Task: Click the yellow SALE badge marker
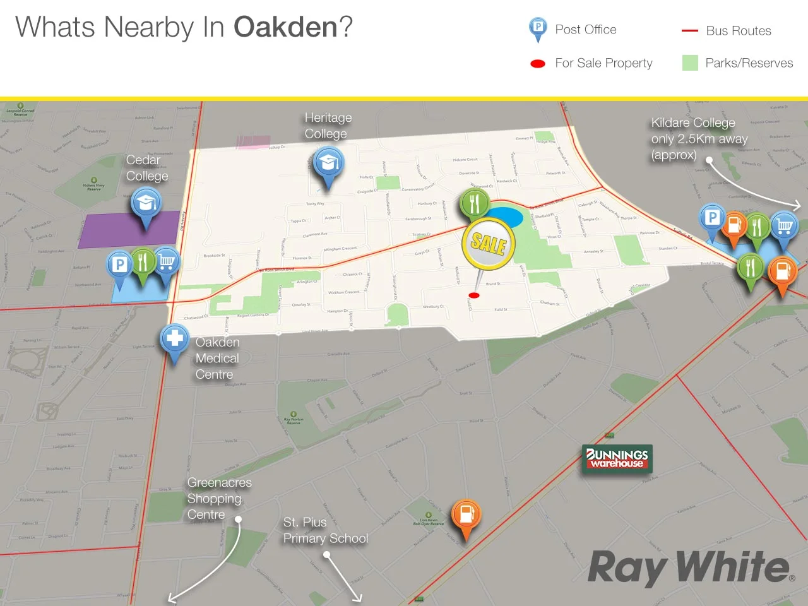click(x=489, y=244)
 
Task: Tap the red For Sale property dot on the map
click(x=474, y=295)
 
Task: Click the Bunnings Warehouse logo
click(x=617, y=458)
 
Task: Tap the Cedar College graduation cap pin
click(x=146, y=203)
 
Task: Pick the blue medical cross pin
click(x=175, y=339)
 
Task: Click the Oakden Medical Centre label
click(x=217, y=359)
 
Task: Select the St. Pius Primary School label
click(x=325, y=530)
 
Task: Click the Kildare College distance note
click(x=699, y=139)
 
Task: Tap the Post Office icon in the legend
click(x=537, y=28)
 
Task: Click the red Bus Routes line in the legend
click(x=689, y=31)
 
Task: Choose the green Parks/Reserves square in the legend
click(x=690, y=63)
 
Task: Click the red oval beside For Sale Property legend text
click(x=538, y=64)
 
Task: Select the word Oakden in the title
click(x=285, y=27)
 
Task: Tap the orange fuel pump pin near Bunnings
click(x=466, y=514)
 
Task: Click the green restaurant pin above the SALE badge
click(x=475, y=203)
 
